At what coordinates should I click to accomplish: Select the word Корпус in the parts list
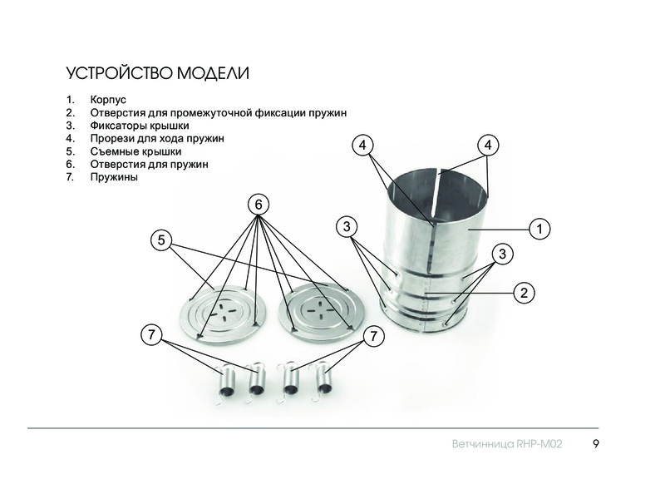click(x=108, y=100)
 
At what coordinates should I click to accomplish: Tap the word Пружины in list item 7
click(x=114, y=177)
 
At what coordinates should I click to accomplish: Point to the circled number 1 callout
click(x=539, y=230)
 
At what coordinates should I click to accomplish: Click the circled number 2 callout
click(x=525, y=293)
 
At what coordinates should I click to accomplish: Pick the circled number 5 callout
click(x=161, y=240)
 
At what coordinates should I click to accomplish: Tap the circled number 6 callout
click(x=259, y=205)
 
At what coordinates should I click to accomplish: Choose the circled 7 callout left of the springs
click(x=151, y=335)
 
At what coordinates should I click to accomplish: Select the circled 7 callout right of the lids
click(x=373, y=336)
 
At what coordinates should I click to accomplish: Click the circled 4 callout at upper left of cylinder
click(x=362, y=146)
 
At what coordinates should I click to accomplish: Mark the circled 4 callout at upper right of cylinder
click(x=488, y=146)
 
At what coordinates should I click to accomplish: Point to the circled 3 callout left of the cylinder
click(x=347, y=227)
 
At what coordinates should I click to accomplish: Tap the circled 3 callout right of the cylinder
click(x=503, y=254)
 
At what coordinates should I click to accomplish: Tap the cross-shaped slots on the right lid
click(x=322, y=311)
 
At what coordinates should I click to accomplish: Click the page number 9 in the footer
click(x=596, y=444)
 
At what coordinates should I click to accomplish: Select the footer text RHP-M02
click(x=539, y=444)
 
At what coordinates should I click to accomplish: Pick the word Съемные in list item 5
click(x=115, y=151)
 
